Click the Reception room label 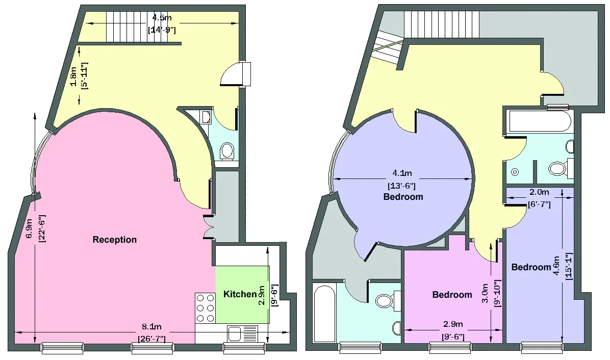[x=114, y=240]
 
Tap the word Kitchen [x=240, y=294]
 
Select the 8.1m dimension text [x=151, y=327]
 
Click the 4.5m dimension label [x=162, y=18]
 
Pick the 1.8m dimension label [x=73, y=77]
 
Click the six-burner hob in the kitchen [x=205, y=308]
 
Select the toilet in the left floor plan [x=226, y=151]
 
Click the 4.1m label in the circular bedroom [x=402, y=173]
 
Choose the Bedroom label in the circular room [x=403, y=197]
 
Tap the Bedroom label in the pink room [x=452, y=295]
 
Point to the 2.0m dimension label [x=539, y=192]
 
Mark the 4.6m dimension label [x=556, y=266]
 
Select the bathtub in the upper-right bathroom [x=539, y=121]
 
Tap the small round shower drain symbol [x=515, y=172]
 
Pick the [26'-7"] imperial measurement [x=151, y=339]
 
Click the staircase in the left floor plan [x=128, y=27]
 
